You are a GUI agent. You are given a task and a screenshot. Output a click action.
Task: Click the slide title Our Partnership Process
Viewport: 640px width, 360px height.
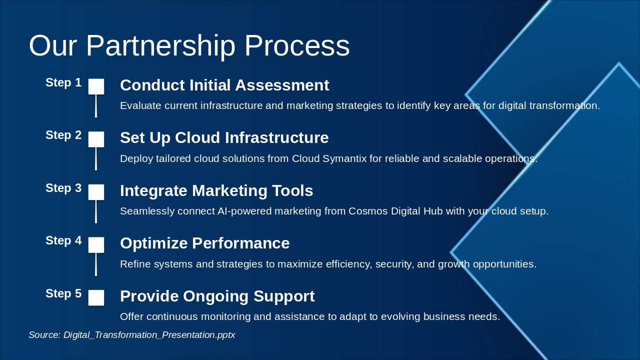(189, 46)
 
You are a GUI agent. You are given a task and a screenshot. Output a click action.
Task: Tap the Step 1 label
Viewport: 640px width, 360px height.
(63, 82)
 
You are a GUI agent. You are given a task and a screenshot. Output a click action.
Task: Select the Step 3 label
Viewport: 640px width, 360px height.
(63, 188)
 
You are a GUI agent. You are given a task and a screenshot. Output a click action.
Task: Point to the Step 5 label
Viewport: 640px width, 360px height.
(63, 293)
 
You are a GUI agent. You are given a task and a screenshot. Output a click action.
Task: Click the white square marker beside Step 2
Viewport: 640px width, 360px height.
(96, 139)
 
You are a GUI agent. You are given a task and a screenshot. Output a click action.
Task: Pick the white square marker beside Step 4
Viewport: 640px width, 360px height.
(96, 245)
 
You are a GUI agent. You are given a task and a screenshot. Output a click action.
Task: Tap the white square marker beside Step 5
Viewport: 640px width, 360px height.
(96, 297)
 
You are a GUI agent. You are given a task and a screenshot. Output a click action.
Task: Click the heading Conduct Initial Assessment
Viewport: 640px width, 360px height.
(224, 85)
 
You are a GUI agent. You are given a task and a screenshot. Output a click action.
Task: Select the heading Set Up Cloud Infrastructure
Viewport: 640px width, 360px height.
(224, 138)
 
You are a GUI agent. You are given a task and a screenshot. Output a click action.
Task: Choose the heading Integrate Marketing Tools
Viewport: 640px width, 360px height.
(216, 191)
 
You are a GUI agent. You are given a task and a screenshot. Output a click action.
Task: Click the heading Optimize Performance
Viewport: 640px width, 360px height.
(205, 243)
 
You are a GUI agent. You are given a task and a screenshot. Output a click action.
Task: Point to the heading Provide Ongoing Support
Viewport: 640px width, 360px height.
(217, 296)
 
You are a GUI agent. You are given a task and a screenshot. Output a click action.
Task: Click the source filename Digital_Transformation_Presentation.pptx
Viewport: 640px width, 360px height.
(149, 335)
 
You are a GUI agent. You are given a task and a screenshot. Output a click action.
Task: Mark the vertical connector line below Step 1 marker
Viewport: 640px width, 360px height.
(96, 106)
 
